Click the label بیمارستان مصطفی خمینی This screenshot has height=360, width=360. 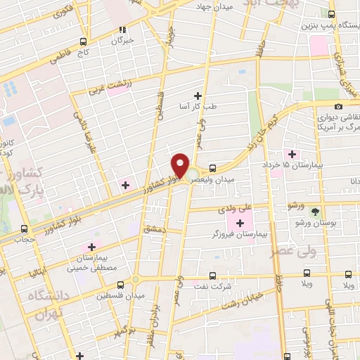91,263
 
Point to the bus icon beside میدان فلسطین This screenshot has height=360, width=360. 120,285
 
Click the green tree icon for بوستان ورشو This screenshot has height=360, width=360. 314,210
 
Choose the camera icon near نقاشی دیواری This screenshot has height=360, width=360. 339,106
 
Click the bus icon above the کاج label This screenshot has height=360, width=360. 84,41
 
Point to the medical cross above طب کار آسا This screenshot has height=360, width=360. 198,96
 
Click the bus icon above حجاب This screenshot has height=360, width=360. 25,229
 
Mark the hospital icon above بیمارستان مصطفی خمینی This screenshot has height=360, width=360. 91,247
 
